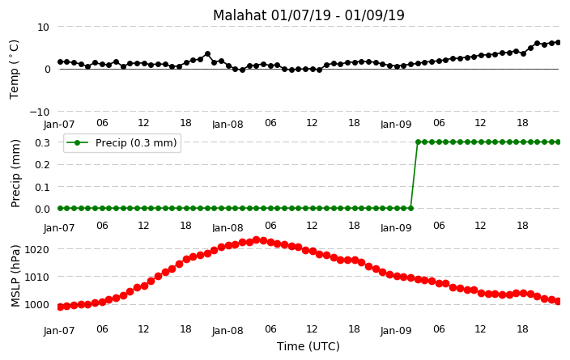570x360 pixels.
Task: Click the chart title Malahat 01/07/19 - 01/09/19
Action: [x=308, y=15]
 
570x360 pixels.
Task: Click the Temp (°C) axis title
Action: [x=14, y=70]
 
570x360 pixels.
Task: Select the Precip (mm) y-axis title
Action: [x=15, y=174]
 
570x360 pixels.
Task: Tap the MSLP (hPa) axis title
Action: [x=15, y=276]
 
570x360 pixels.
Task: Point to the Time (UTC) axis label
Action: [x=308, y=346]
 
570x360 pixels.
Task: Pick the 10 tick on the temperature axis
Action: [x=43, y=27]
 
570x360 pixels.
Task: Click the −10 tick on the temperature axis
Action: [x=40, y=112]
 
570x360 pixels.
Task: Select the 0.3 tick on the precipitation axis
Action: [x=42, y=142]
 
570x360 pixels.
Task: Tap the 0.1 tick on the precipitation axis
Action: [x=42, y=187]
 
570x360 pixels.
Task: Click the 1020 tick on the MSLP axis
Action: [x=36, y=249]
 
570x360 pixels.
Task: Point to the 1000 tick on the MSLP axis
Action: [x=36, y=304]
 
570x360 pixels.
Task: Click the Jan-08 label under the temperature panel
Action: [x=228, y=125]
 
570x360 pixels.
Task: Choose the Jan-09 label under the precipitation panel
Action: [x=396, y=228]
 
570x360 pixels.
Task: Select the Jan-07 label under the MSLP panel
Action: [x=59, y=331]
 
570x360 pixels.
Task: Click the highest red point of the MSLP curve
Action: [x=257, y=240]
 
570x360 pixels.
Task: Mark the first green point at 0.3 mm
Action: [x=418, y=142]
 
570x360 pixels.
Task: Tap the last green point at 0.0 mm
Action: [x=410, y=209]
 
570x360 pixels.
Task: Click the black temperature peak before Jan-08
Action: [x=207, y=54]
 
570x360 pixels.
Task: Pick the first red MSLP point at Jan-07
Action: [x=61, y=307]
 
